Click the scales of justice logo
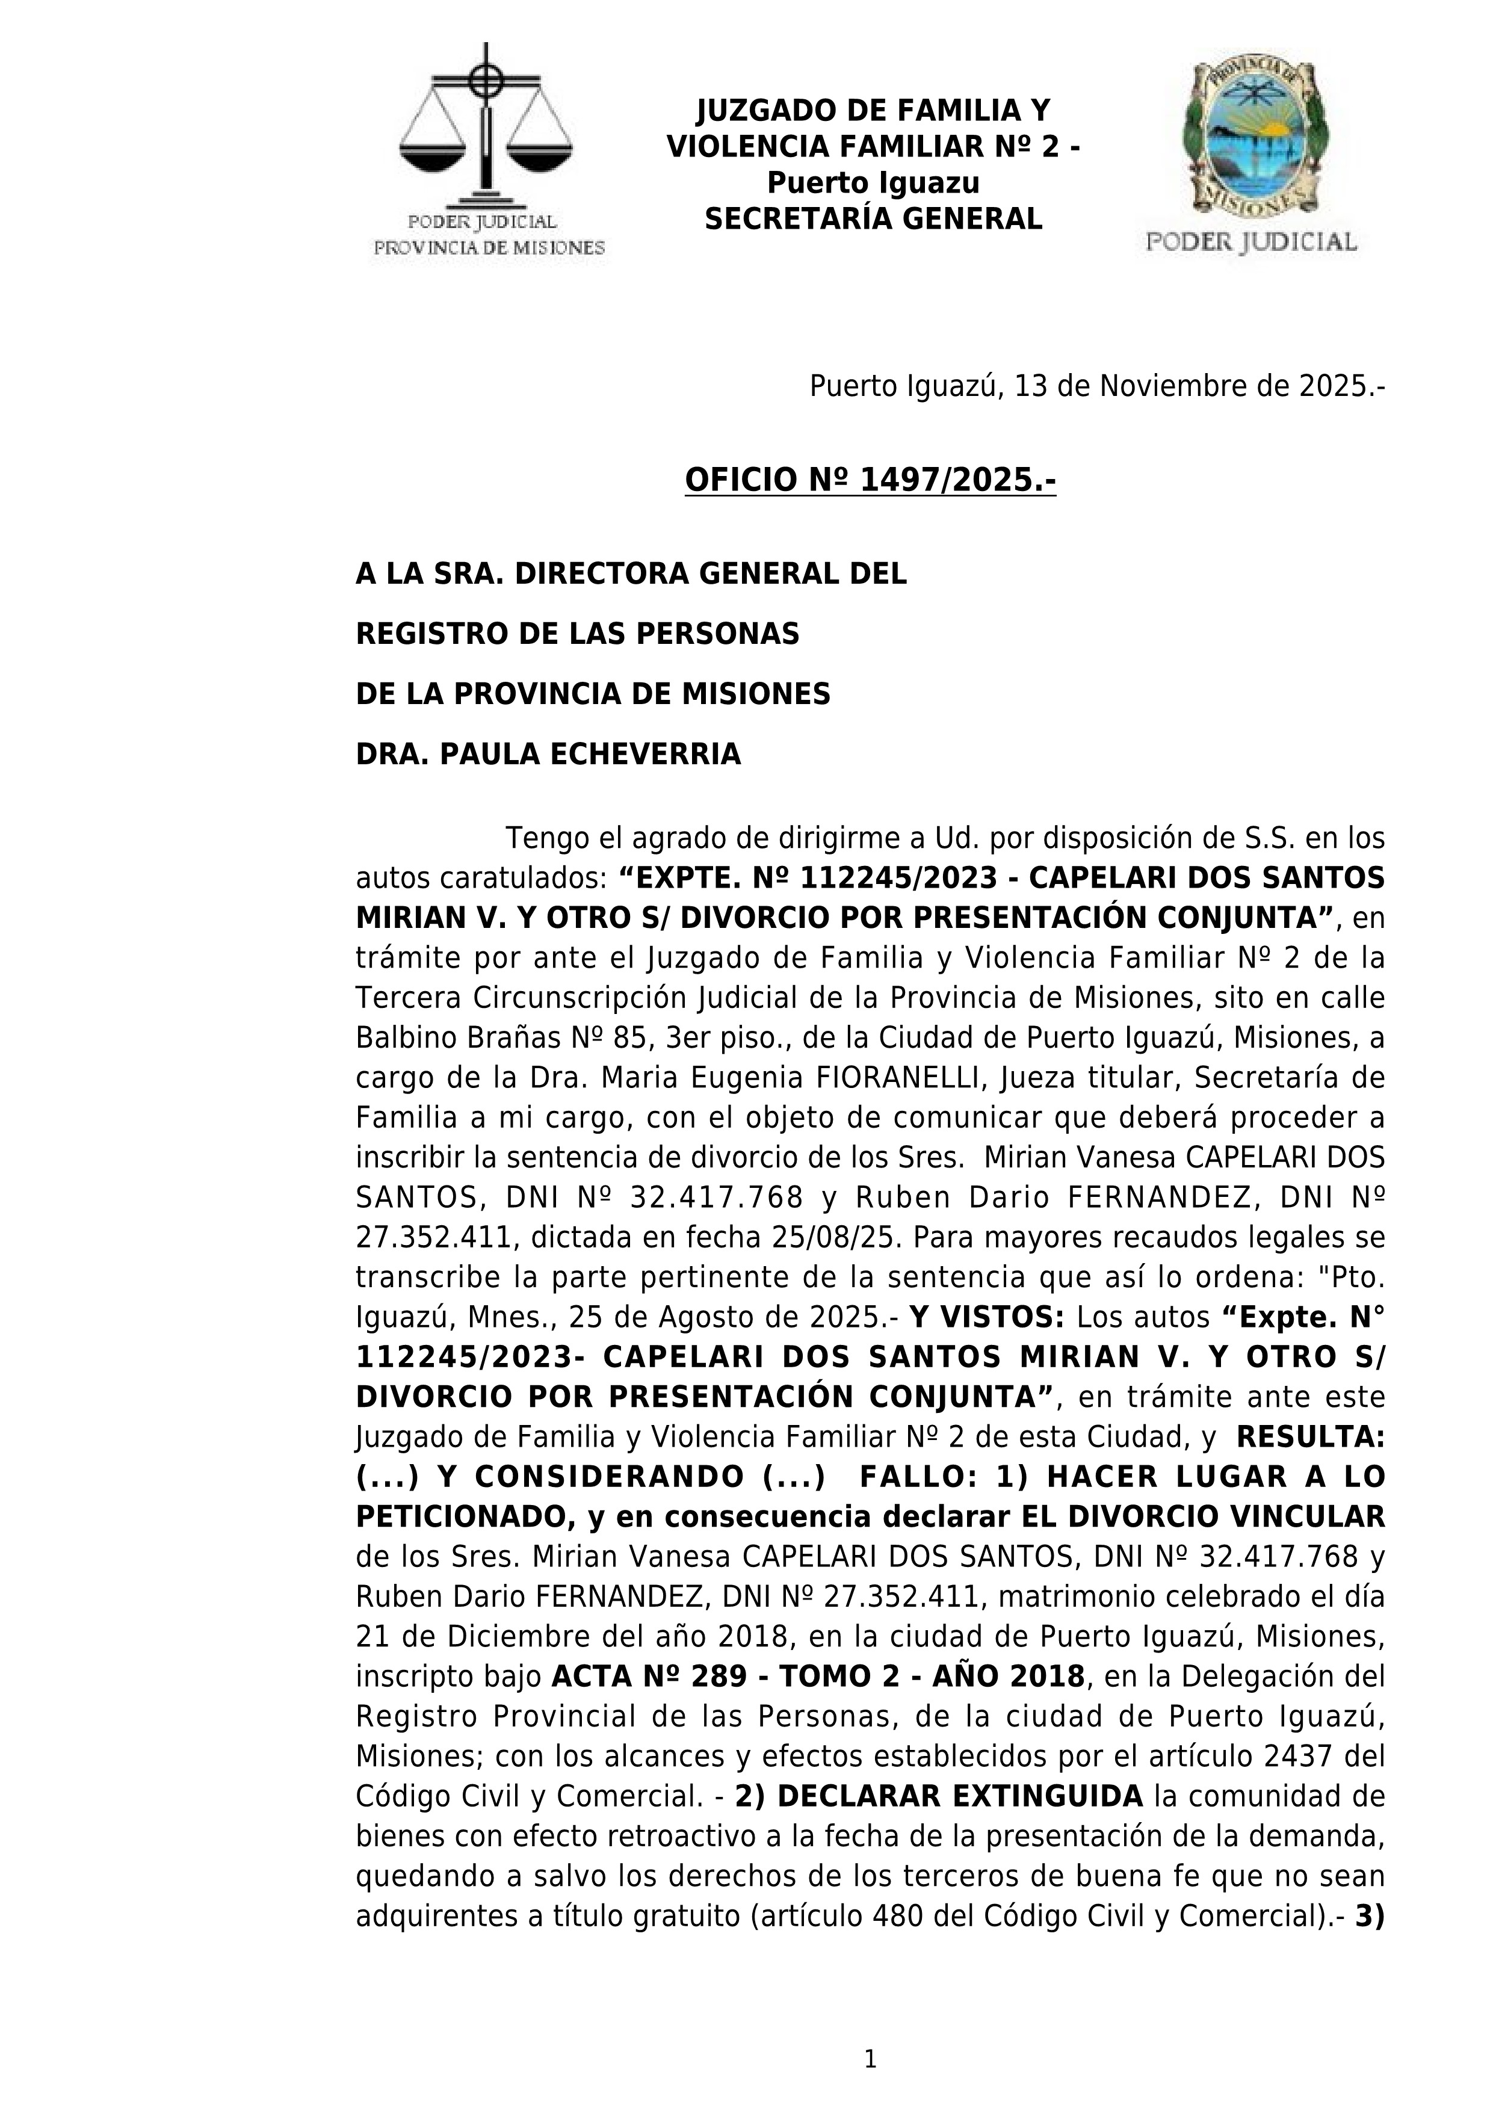point(486,129)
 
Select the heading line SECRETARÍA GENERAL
point(873,219)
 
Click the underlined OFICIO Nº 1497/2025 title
point(870,480)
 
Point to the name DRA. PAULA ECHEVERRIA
point(548,754)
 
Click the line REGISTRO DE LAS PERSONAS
point(577,634)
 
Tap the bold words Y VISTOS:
point(986,1317)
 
